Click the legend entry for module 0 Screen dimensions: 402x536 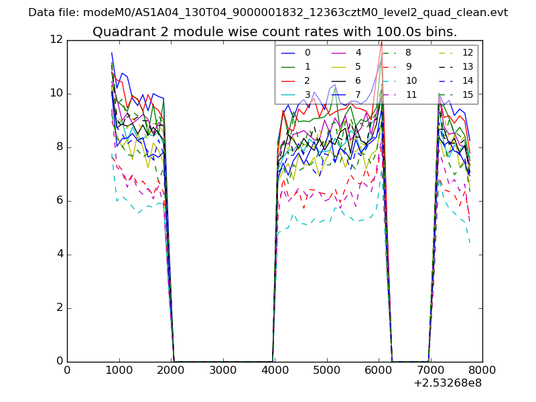(308, 52)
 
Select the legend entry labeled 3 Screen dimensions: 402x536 (308, 94)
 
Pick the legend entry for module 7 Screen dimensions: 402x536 (358, 94)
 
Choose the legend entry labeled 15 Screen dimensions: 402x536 (468, 94)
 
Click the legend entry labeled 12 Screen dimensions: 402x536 (468, 52)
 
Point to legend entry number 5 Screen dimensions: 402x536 (358, 66)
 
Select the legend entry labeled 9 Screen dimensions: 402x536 (409, 66)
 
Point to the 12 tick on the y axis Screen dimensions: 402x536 (56, 40)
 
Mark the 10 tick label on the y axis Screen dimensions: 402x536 (56, 93)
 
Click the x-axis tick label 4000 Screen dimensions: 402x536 (275, 369)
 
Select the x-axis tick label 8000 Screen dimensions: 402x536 (482, 369)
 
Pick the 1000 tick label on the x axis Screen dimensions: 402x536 (119, 369)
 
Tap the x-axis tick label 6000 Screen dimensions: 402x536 (379, 369)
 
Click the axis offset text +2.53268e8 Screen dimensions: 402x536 (448, 383)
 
